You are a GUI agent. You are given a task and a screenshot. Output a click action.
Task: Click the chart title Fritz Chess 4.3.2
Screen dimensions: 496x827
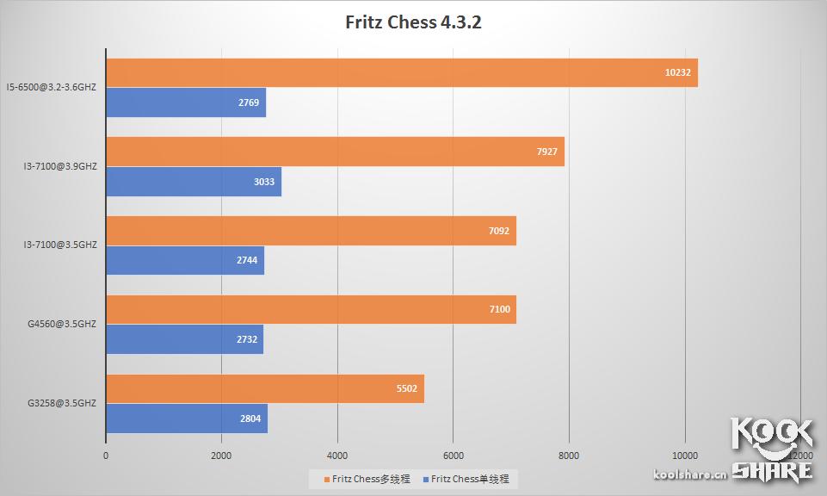pyautogui.click(x=413, y=22)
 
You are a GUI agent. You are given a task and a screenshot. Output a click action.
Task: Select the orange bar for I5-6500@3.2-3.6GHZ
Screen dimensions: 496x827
pyautogui.click(x=401, y=73)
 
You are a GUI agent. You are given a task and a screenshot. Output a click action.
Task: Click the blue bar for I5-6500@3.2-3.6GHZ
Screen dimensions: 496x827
pyautogui.click(x=186, y=102)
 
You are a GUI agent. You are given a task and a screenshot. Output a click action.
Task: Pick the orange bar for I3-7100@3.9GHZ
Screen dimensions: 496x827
pyautogui.click(x=335, y=152)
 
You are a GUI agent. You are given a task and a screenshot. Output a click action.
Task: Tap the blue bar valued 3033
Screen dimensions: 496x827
pyautogui.click(x=194, y=182)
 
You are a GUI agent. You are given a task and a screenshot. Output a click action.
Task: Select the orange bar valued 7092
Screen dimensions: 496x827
pyautogui.click(x=311, y=231)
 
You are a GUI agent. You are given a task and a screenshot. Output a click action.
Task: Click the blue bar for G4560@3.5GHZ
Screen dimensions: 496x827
pyautogui.click(x=184, y=339)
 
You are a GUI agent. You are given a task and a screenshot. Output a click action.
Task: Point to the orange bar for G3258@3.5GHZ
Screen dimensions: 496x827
pyautogui.click(x=265, y=388)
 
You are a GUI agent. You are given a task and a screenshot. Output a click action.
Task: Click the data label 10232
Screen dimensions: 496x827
pyautogui.click(x=677, y=73)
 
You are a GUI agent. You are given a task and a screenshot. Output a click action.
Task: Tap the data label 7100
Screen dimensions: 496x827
pyautogui.click(x=499, y=310)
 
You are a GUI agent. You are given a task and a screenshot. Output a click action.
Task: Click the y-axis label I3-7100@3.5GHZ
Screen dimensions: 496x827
pyautogui.click(x=61, y=245)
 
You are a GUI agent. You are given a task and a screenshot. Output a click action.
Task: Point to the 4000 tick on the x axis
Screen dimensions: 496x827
pyautogui.click(x=337, y=455)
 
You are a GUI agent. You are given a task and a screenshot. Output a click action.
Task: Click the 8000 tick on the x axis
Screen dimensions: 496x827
pyautogui.click(x=569, y=455)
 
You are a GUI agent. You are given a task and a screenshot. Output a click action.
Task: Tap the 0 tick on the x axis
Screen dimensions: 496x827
pyautogui.click(x=106, y=455)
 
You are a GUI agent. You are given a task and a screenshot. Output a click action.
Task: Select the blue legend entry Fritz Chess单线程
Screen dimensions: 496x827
pyautogui.click(x=470, y=479)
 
